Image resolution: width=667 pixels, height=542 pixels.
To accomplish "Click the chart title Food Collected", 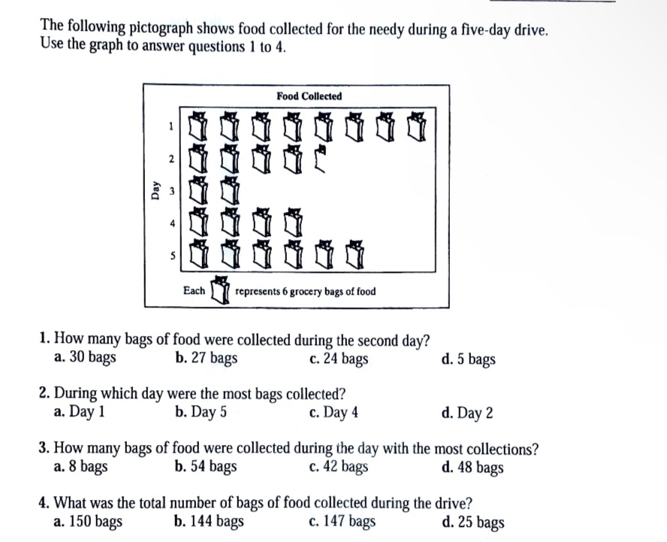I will click(x=309, y=96).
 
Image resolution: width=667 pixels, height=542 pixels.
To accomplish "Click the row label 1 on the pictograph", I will click(x=171, y=126).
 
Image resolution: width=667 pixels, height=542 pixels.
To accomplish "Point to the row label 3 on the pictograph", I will click(x=171, y=191).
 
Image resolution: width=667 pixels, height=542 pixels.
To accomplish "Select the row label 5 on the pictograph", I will click(x=171, y=256).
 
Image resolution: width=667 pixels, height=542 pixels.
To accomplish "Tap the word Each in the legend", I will click(x=194, y=291).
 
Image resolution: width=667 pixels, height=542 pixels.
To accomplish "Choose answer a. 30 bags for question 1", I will click(x=85, y=359).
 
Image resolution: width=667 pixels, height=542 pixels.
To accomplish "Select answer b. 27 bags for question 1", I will click(x=205, y=359).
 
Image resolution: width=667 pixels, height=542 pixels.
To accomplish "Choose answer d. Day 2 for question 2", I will click(x=468, y=412).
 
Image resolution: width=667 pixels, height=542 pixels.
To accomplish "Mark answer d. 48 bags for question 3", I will click(x=473, y=468).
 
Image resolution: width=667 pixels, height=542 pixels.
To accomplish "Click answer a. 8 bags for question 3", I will click(x=80, y=468).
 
